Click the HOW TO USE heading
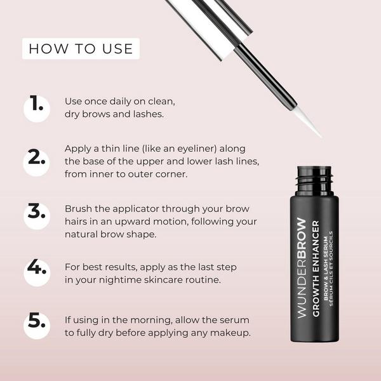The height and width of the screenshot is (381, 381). pyautogui.click(x=81, y=48)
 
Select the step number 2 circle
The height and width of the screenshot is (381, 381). pyautogui.click(x=37, y=159)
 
